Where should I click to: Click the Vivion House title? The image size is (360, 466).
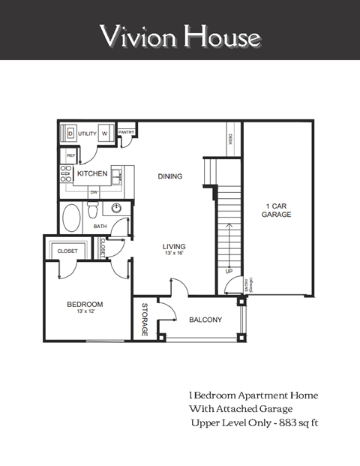(x=180, y=35)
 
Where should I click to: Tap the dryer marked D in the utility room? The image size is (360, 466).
(x=70, y=133)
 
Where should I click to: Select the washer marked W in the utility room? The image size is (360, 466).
(x=105, y=133)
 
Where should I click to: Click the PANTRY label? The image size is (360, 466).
(x=126, y=132)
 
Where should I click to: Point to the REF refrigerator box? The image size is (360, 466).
(x=71, y=155)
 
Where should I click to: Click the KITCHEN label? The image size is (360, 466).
(x=92, y=174)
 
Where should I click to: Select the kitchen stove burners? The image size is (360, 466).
(x=66, y=174)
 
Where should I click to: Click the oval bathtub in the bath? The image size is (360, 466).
(x=72, y=218)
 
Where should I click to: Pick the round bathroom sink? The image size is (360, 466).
(x=116, y=208)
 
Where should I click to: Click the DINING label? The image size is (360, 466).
(x=170, y=176)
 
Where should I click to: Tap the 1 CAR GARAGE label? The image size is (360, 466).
(x=277, y=210)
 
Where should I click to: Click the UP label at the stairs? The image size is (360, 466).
(x=226, y=270)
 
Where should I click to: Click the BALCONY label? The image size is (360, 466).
(x=205, y=320)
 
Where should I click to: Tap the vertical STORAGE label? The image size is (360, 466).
(x=145, y=320)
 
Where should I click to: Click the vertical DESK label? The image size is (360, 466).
(x=229, y=140)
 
